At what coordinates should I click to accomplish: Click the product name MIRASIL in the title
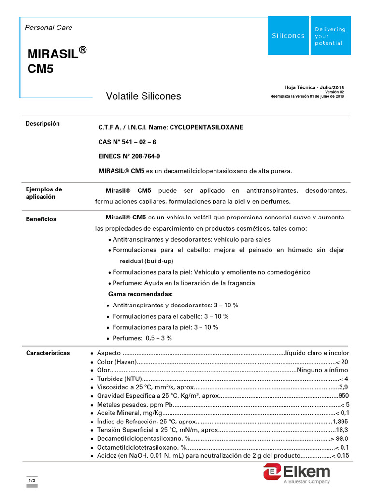pos(52,53)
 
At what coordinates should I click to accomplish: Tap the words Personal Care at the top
pos(48,28)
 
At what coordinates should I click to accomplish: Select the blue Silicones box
pos(288,35)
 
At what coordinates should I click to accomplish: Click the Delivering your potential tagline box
pos(330,36)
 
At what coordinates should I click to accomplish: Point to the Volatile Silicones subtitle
pos(143,96)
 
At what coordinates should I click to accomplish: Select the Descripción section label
pos(43,124)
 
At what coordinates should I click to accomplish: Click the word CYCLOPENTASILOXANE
pos(206,127)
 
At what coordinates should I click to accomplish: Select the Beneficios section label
pos(41,219)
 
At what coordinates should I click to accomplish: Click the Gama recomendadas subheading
pos(140,294)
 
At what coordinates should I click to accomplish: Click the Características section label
pos(47,353)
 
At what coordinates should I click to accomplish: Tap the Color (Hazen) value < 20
pos(342,362)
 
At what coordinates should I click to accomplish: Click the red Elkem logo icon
pos(272,471)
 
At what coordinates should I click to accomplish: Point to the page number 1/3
pos(32,480)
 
